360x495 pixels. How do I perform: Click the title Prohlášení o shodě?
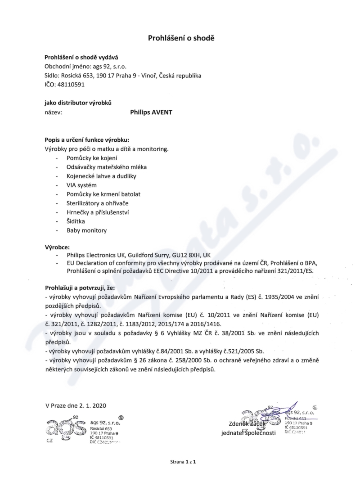[x=181, y=38]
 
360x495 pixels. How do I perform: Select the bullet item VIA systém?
[x=81, y=185]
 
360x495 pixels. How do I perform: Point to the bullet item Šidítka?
[x=77, y=221]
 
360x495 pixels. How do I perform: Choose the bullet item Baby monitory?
[x=87, y=230]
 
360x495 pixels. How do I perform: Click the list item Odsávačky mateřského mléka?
[x=107, y=167]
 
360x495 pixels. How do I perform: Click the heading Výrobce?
[x=57, y=247]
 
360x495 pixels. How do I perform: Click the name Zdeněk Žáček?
[x=247, y=424]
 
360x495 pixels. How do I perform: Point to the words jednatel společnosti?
[x=248, y=433]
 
